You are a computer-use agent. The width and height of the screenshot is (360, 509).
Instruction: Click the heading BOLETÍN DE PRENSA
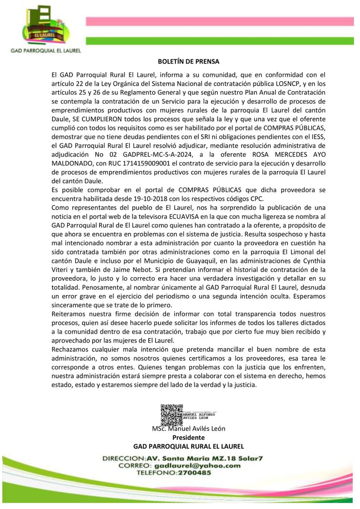tap(188, 61)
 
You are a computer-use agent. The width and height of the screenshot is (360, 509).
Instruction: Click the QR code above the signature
tap(171, 414)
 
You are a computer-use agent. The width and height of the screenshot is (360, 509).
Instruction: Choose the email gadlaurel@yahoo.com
tap(191, 465)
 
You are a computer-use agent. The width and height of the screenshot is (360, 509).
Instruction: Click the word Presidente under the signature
tap(188, 437)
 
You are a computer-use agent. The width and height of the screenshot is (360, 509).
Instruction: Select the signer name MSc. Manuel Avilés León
tap(188, 429)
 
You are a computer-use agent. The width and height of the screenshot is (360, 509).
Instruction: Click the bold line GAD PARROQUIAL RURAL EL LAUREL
tap(188, 446)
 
